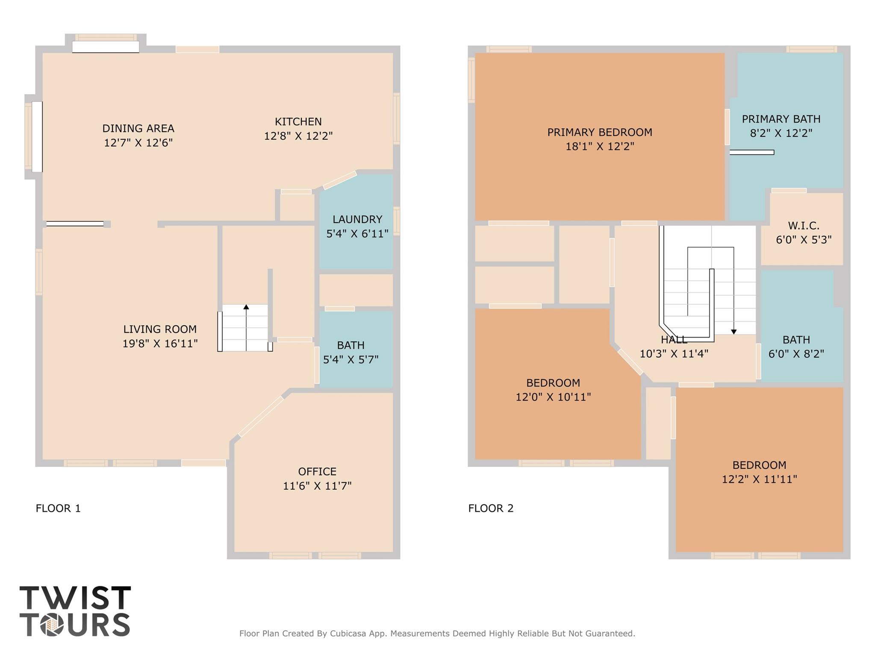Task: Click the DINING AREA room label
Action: tap(138, 128)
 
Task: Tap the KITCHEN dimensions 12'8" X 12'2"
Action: tap(298, 136)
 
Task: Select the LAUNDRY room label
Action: tap(357, 219)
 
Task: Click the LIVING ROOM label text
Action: tap(160, 329)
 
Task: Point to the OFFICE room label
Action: tap(317, 471)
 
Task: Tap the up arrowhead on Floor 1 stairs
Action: tap(246, 307)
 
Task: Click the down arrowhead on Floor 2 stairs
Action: tap(734, 332)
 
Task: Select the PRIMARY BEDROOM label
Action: tap(600, 132)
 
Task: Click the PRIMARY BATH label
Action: tap(781, 119)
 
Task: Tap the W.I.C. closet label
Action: tap(804, 225)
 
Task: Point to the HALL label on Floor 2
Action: tap(674, 340)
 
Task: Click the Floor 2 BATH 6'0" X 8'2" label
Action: tap(796, 347)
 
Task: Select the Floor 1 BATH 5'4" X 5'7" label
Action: tap(351, 352)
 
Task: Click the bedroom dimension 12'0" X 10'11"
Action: tap(553, 397)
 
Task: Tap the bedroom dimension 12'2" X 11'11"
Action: tap(759, 479)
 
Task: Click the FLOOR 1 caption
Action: tap(58, 508)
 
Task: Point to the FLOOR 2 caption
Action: tap(491, 508)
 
